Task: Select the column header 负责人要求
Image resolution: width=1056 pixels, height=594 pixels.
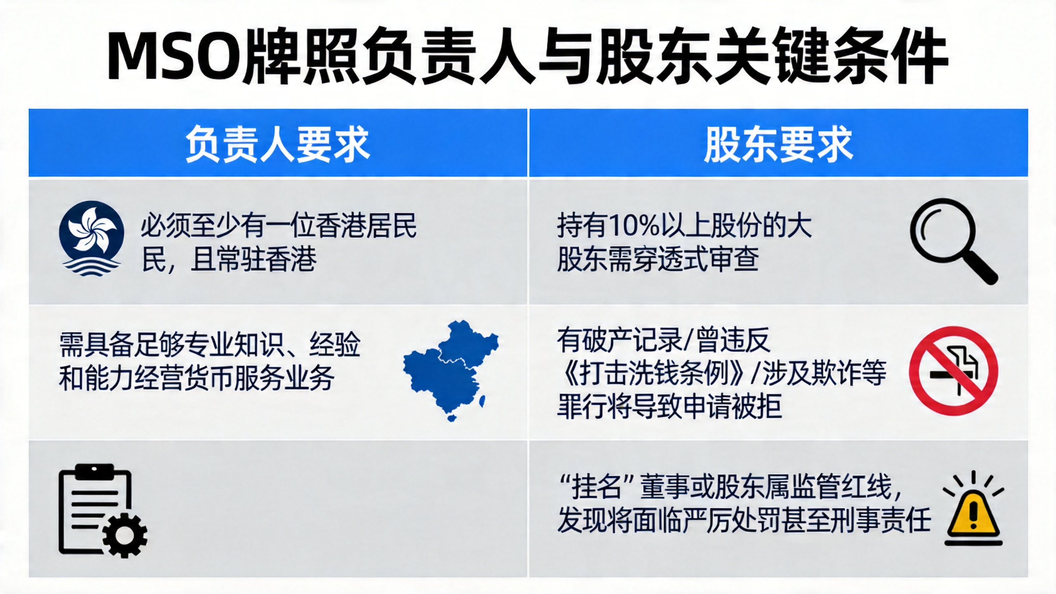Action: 278,144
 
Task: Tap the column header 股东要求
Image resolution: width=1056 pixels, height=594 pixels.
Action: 778,144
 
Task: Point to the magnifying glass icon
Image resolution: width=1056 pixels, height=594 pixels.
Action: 953,241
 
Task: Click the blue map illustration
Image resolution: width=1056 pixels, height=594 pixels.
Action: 451,369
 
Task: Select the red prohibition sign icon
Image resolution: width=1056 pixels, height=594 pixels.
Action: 953,370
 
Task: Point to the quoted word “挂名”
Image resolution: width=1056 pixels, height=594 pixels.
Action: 596,487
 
